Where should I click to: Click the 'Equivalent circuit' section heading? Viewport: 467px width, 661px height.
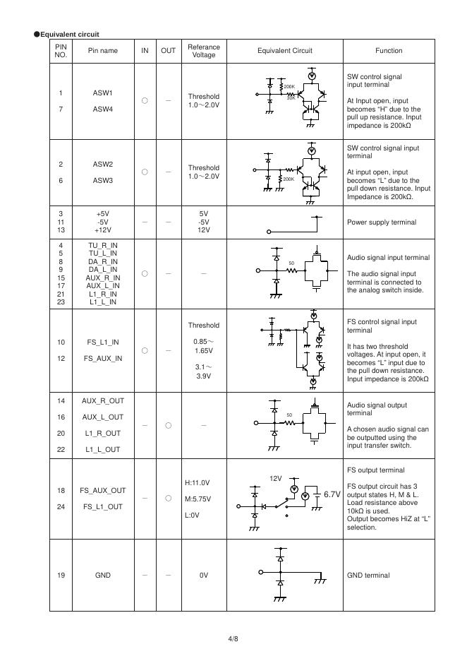tap(69, 34)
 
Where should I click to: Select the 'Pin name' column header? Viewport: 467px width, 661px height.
tap(103, 51)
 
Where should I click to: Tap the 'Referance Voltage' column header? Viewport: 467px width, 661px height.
tap(204, 51)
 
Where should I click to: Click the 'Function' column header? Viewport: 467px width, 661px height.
tap(389, 51)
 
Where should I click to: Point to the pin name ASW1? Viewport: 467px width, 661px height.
tap(103, 93)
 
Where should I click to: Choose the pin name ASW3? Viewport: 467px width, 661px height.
tap(103, 181)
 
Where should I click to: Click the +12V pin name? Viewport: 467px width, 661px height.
tap(103, 230)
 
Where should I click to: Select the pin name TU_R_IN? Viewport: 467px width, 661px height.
tap(103, 246)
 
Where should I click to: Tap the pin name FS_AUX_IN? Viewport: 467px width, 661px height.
tap(103, 359)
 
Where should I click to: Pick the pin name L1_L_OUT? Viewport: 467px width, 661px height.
tap(103, 450)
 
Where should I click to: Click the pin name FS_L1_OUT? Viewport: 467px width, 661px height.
tap(103, 507)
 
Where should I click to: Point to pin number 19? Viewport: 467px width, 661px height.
tap(61, 576)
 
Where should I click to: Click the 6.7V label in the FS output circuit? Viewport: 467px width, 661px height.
tap(332, 494)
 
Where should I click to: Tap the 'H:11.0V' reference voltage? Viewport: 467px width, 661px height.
tap(198, 483)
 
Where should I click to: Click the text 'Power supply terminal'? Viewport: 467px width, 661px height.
tap(381, 222)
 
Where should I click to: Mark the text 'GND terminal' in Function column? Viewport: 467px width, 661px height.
tap(368, 576)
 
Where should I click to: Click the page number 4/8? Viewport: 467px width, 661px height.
tap(233, 639)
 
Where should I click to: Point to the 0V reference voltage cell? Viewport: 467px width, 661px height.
tap(204, 576)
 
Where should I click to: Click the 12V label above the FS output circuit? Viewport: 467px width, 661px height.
tap(276, 478)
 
